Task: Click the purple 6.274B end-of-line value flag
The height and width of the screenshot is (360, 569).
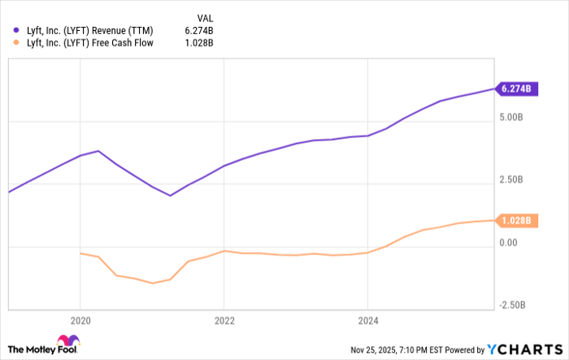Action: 516,89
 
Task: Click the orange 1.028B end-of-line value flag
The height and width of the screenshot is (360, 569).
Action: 516,220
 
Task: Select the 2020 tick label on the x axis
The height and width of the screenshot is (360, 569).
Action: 80,320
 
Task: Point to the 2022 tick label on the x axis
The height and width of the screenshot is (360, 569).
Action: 224,320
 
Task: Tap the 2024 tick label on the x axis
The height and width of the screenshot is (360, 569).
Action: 367,320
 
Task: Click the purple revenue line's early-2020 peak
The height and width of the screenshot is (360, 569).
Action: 98,151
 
